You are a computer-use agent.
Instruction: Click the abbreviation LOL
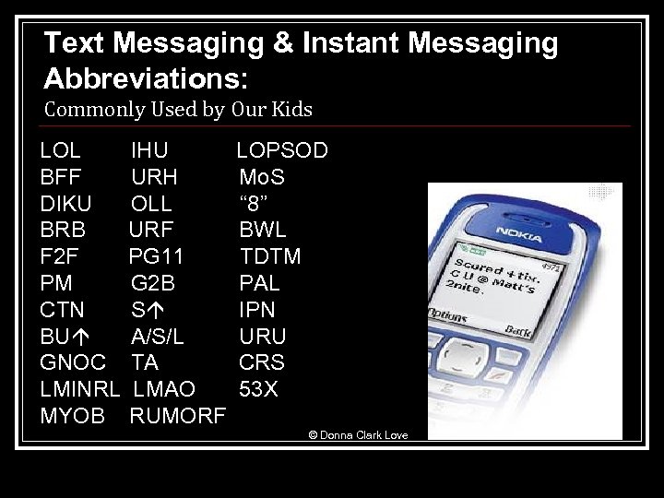click(x=61, y=150)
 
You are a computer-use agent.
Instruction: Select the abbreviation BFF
click(x=61, y=177)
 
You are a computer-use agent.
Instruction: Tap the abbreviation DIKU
click(x=66, y=203)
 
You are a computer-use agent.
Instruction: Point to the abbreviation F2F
click(x=61, y=255)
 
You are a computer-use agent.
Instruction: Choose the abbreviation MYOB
click(x=73, y=415)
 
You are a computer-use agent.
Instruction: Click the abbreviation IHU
click(x=149, y=150)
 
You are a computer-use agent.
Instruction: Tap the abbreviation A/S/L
click(x=158, y=336)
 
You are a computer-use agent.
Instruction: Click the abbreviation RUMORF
click(x=177, y=415)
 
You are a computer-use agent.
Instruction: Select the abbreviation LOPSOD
click(x=282, y=150)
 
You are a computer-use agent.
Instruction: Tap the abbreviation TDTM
click(x=270, y=255)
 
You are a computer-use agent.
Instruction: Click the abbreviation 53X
click(x=258, y=388)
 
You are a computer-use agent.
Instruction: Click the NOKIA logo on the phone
click(x=518, y=230)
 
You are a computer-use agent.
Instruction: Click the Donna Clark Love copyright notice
click(x=358, y=434)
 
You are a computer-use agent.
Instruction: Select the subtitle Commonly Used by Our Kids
click(x=179, y=110)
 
